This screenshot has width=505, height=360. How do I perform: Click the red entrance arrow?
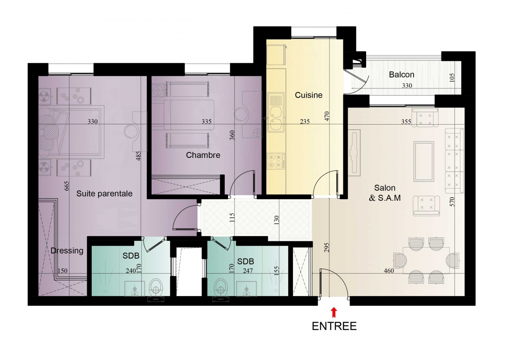point(334,313)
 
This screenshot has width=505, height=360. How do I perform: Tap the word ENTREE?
point(334,326)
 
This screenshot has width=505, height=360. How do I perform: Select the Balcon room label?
point(401,75)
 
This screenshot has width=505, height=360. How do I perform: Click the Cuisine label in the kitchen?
point(308,95)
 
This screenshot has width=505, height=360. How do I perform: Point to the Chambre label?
point(203,155)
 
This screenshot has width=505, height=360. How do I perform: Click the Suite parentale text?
point(104,194)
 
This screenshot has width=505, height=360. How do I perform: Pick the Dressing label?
point(67,251)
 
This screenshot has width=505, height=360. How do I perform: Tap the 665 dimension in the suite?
point(66,186)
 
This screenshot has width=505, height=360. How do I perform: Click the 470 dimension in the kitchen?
point(327,116)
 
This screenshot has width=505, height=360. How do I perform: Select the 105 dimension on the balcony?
point(452,77)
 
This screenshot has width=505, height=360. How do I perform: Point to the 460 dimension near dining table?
point(389,271)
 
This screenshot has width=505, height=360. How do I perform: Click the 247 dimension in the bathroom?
point(248,271)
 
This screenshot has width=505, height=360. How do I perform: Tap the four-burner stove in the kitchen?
point(276,161)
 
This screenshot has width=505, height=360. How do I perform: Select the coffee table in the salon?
point(424,162)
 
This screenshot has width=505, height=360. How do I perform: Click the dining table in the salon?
point(426,260)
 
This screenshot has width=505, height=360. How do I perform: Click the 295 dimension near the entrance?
point(327,248)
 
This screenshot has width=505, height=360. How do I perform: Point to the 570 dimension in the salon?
point(452,202)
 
